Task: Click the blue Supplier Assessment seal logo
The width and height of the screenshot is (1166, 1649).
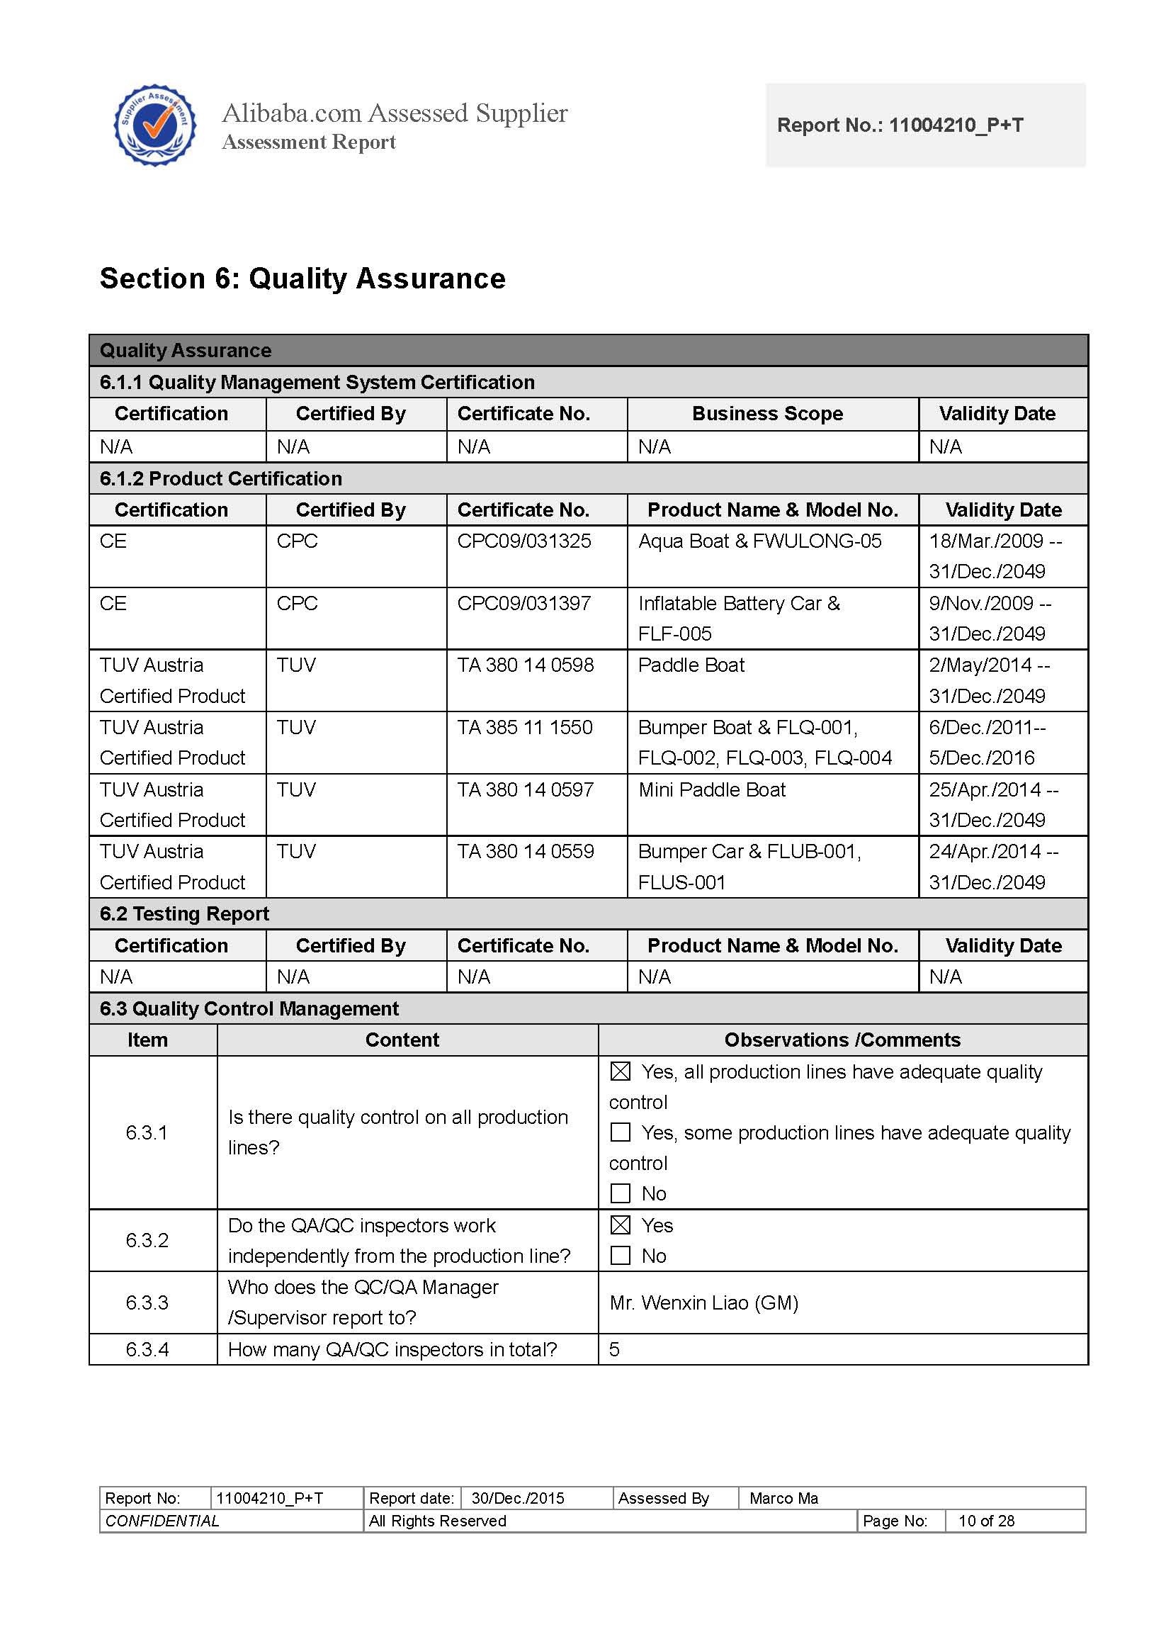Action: point(154,125)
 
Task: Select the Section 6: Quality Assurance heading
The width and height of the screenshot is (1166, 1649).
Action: point(302,278)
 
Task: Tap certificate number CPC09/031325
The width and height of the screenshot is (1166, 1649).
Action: point(524,541)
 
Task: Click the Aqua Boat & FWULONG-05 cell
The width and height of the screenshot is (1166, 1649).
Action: point(759,541)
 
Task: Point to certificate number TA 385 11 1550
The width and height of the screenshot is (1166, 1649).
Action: point(525,727)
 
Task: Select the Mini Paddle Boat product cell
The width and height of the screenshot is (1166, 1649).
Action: point(711,789)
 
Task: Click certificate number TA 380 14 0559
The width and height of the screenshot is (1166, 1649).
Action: point(526,851)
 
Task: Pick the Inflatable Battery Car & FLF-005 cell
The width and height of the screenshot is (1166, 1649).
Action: point(740,618)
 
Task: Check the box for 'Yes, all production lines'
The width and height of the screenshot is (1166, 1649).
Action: point(621,1071)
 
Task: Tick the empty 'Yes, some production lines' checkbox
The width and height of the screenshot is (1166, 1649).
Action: point(621,1132)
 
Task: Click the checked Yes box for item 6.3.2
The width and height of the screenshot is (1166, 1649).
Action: point(621,1225)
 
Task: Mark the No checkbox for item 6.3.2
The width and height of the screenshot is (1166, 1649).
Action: point(621,1256)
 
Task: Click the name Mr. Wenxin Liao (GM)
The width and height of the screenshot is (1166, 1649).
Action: point(703,1302)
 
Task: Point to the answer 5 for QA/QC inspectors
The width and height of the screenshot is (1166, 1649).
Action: point(615,1349)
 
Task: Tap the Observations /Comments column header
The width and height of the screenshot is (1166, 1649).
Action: point(842,1040)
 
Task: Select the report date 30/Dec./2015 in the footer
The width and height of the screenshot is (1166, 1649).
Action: point(518,1498)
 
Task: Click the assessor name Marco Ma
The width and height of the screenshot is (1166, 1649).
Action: point(783,1498)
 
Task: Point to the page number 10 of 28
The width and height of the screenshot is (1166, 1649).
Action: point(986,1521)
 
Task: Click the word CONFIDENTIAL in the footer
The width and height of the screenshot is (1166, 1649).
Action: point(162,1521)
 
